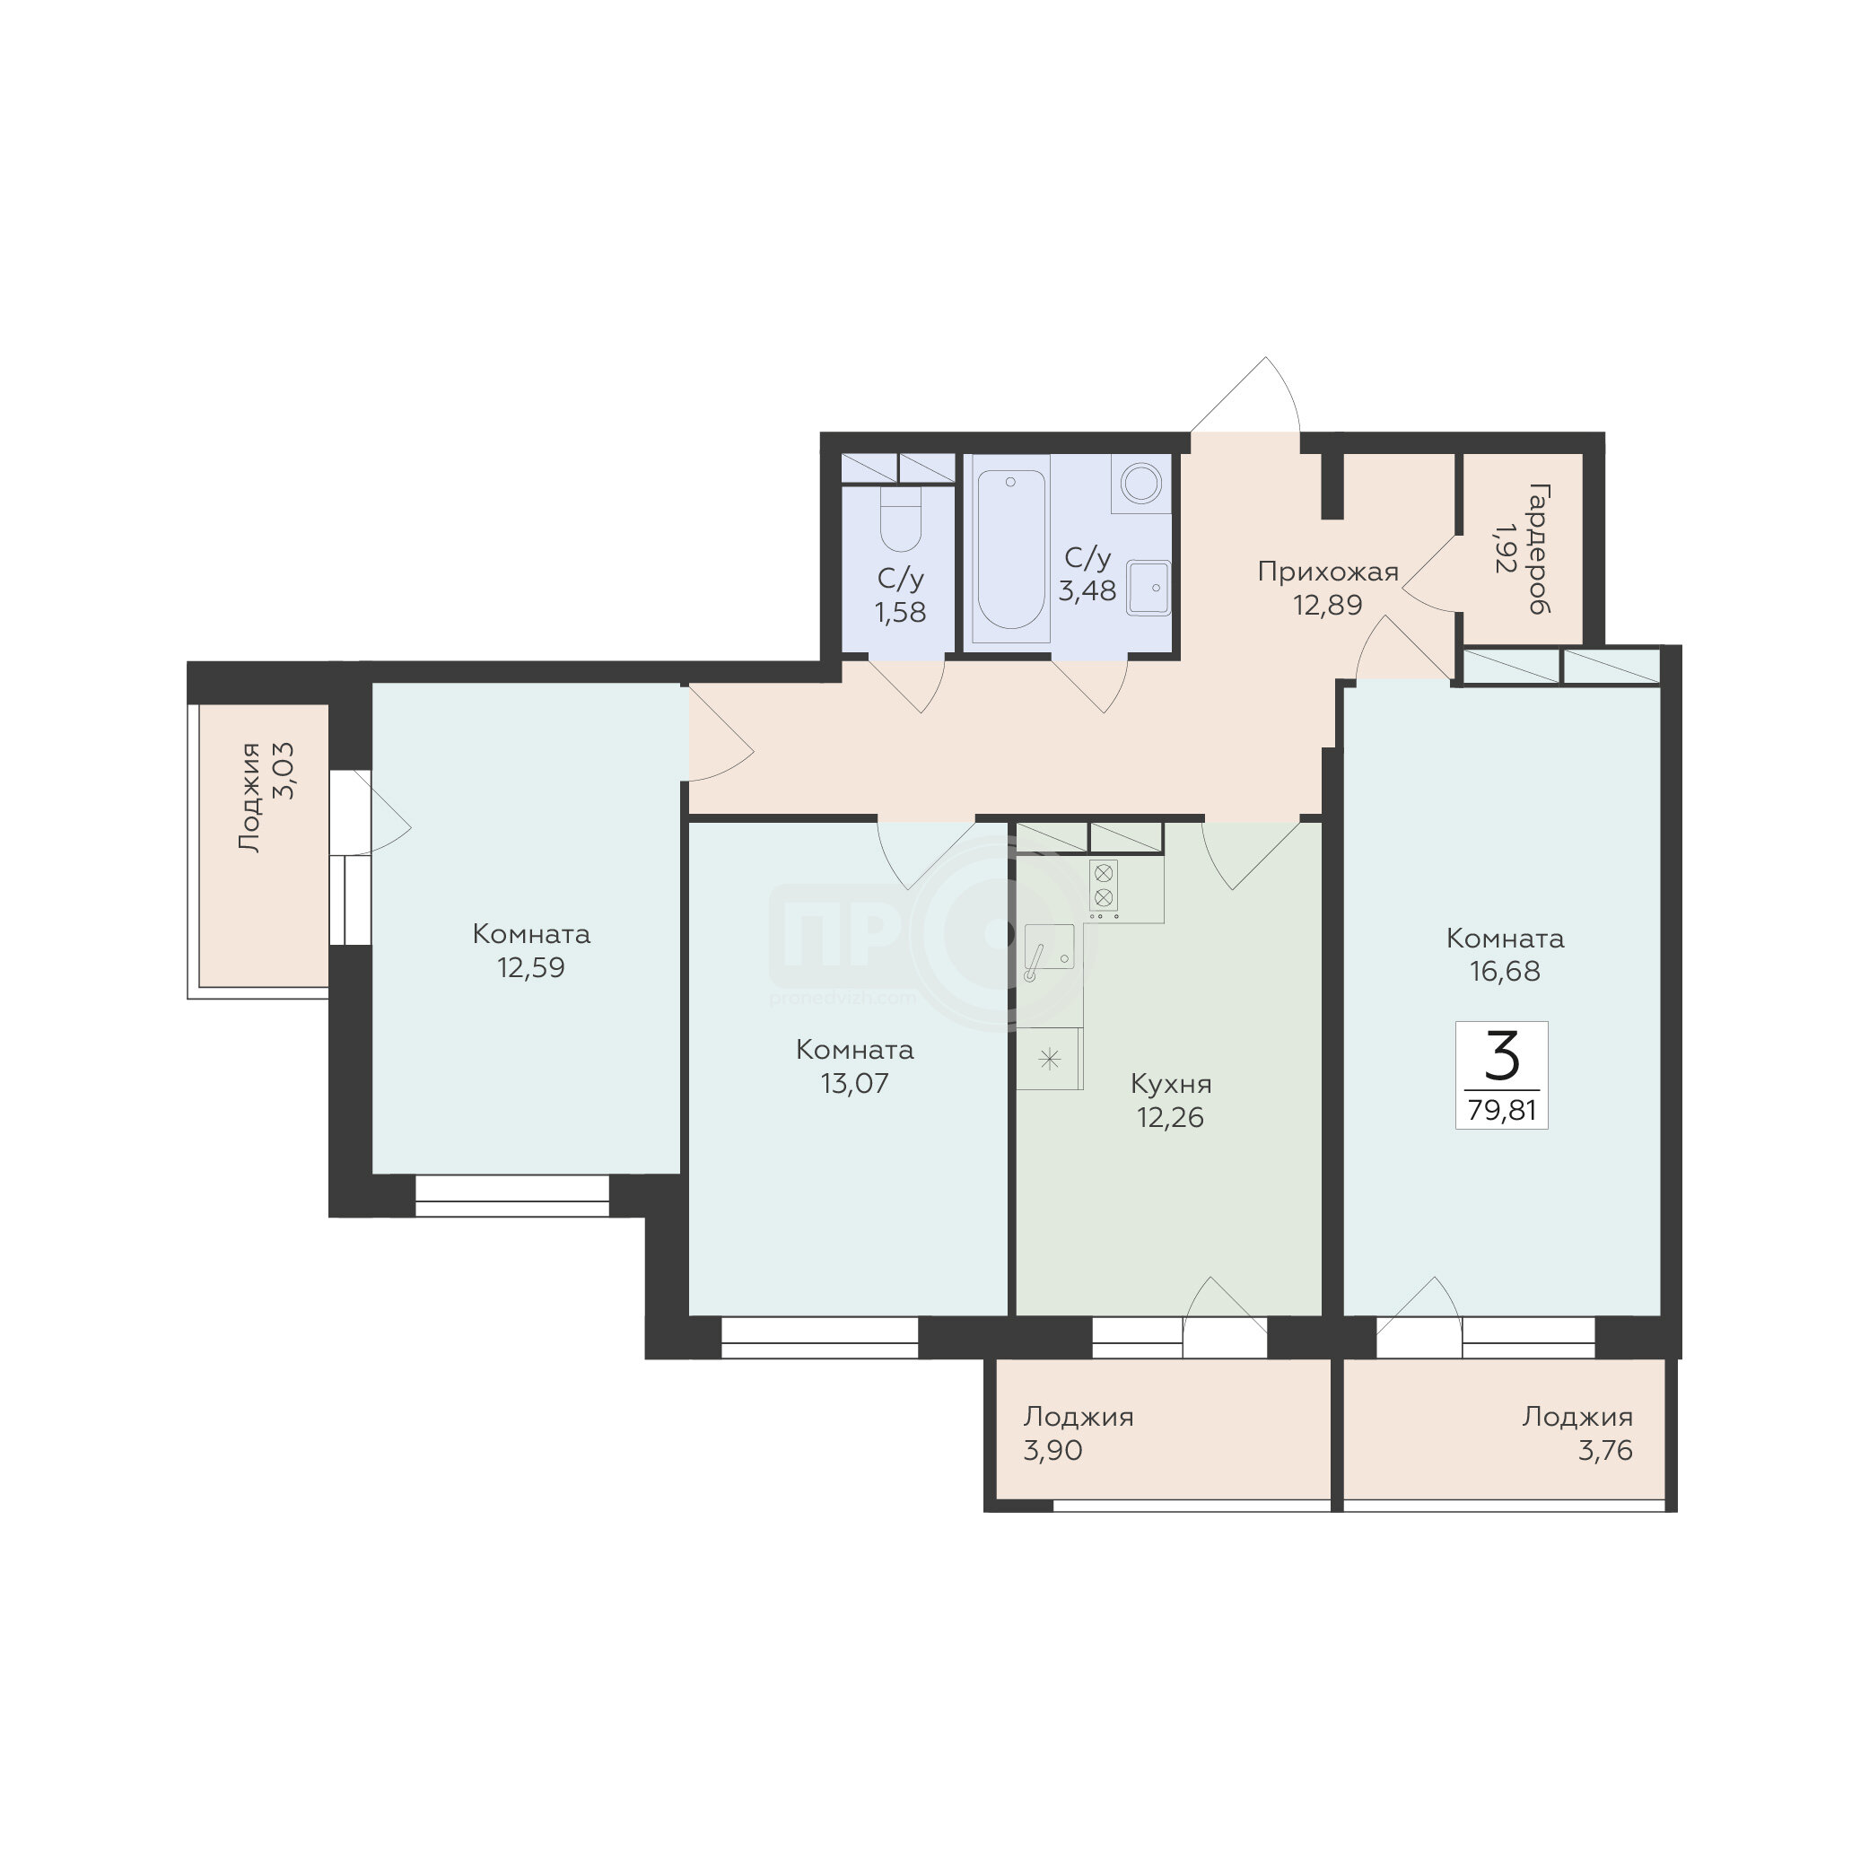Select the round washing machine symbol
[x=1140, y=483]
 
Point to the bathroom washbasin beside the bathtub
[x=1148, y=587]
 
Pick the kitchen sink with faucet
[x=1049, y=952]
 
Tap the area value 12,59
[x=531, y=967]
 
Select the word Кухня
[x=1171, y=1085]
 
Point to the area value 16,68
[x=1505, y=971]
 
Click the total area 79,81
[x=1501, y=1110]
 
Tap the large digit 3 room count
[x=1501, y=1055]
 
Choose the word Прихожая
[x=1327, y=572]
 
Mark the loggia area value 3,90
[x=1052, y=1450]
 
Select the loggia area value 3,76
[x=1605, y=1450]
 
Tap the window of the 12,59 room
[x=511, y=1195]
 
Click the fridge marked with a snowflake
[x=1049, y=1059]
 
